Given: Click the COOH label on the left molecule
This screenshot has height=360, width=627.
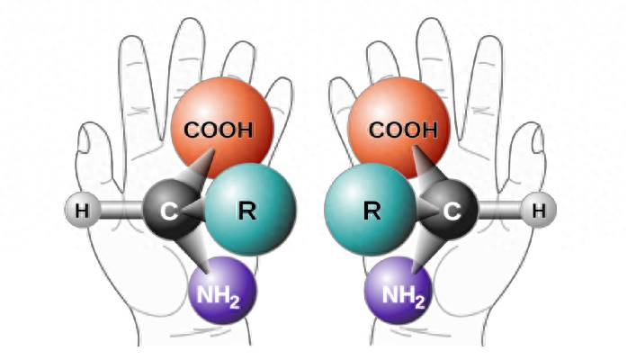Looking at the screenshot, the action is coord(219,130).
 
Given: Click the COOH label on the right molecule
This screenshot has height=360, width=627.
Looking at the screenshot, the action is coord(403,130).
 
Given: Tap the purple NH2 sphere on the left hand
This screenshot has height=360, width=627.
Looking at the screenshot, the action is coord(222,290).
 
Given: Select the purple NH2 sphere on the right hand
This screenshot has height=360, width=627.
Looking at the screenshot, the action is coord(399,290).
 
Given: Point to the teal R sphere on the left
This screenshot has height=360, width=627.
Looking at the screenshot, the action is coord(251,209).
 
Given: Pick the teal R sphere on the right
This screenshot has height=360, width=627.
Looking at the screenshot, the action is coord(371,209).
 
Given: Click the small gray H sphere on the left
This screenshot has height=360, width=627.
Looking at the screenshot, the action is coord(83,210).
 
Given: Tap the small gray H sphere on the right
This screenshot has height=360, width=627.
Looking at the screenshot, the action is coord(539,210).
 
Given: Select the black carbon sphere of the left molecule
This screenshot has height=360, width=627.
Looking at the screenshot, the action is coord(170,210).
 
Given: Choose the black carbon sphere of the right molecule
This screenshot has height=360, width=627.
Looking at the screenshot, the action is coord(451,210).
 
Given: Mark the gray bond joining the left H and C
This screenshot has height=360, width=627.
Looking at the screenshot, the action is coord(121,210).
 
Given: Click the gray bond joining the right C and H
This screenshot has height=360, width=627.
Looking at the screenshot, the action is coord(500,210).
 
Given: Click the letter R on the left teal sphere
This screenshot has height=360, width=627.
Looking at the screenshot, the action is coord(247,211).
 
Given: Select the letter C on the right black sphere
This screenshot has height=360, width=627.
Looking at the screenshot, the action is coord(452,211).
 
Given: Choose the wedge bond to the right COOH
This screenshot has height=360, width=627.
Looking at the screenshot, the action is coord(430,168).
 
